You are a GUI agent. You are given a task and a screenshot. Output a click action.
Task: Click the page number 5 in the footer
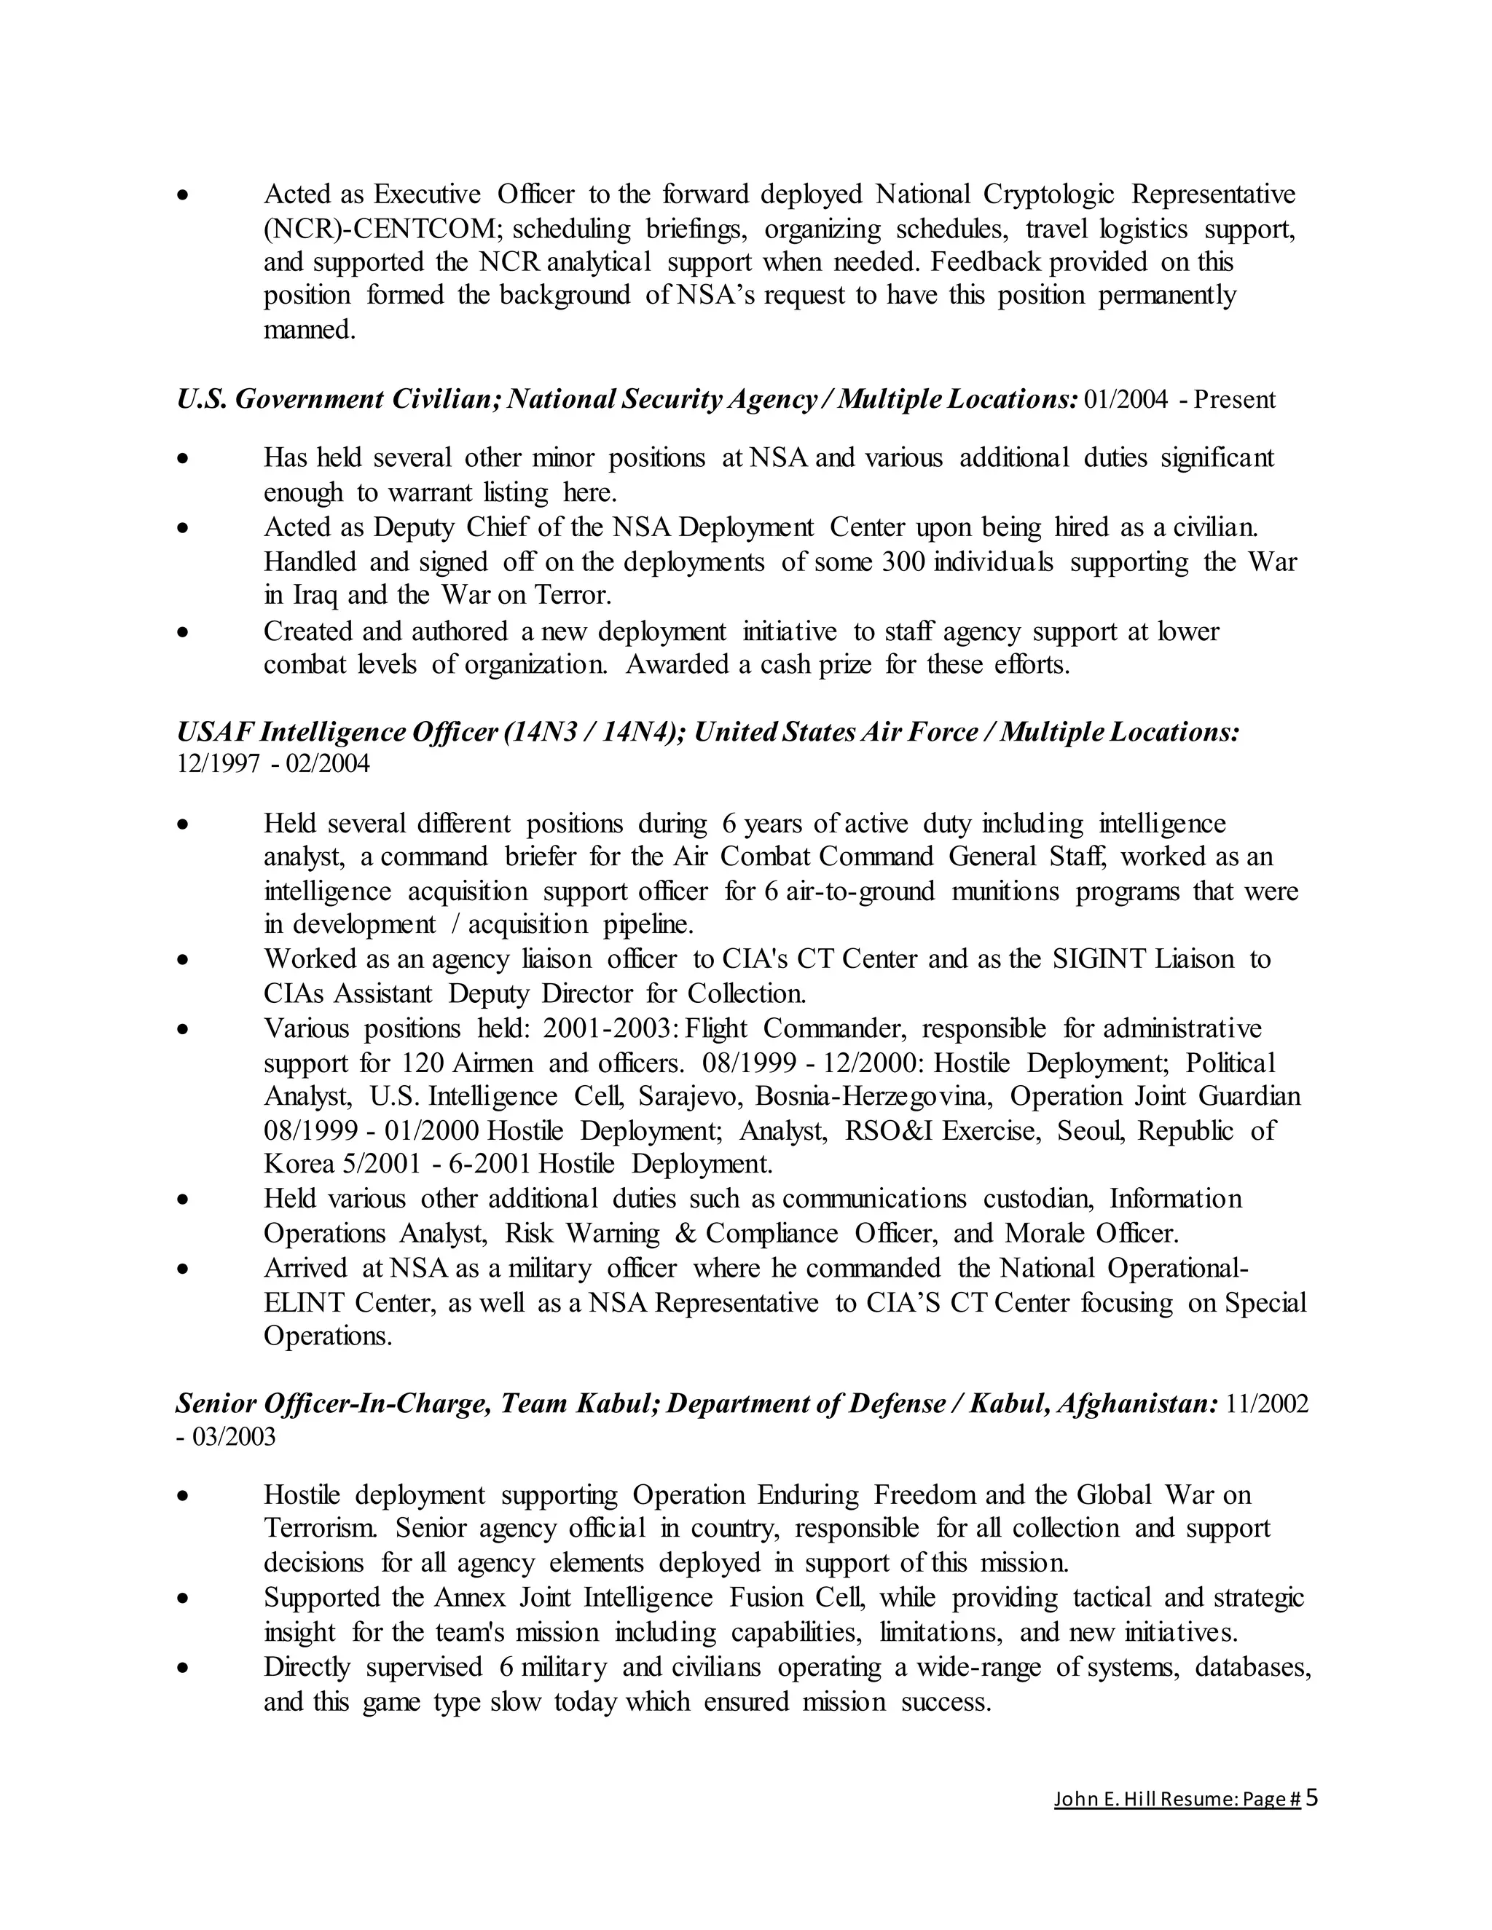(x=1311, y=1797)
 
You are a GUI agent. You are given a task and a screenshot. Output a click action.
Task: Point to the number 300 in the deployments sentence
(x=903, y=562)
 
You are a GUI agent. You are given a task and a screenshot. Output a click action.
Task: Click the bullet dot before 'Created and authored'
(x=183, y=632)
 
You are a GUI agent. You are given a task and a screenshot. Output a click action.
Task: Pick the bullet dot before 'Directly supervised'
(x=183, y=1668)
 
